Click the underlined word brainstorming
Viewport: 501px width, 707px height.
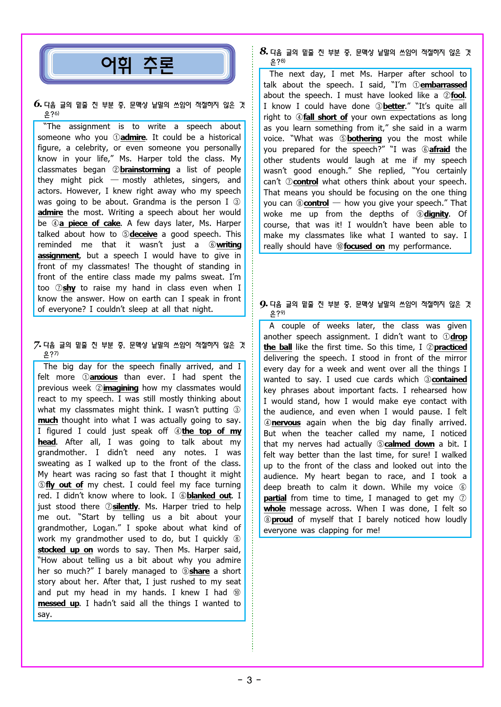145,170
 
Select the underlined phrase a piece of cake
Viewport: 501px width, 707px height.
90,224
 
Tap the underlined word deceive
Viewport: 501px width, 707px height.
143,234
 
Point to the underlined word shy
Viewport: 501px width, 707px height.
69,288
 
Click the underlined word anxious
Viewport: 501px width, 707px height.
103,377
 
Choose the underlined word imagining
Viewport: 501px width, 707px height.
120,388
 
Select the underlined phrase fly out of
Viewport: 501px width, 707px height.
64,485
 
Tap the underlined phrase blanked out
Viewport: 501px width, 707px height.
209,496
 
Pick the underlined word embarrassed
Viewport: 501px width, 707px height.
443,85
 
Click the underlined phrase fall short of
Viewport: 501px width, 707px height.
325,117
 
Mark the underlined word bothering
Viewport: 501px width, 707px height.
364,139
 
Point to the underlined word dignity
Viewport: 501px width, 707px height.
436,214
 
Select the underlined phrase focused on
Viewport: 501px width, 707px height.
364,247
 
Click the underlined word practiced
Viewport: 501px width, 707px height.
450,347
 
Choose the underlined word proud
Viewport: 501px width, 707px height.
282,520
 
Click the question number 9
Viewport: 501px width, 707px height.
263,304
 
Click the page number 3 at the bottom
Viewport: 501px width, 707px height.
249,680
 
